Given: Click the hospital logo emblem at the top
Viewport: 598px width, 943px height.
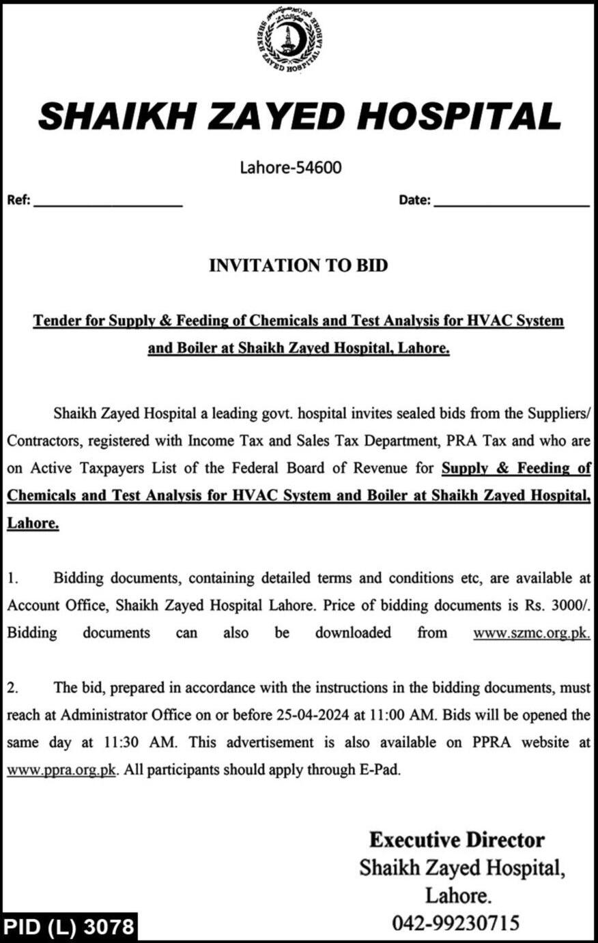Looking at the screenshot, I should click(291, 43).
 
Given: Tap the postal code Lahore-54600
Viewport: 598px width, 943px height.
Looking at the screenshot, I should click(290, 166).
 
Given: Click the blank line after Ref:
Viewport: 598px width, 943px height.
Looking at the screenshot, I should click(108, 203).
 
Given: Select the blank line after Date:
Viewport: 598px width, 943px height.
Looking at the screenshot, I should click(511, 203).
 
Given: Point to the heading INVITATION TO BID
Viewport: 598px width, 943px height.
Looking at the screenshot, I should click(298, 265).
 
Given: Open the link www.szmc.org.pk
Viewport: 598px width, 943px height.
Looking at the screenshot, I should click(531, 633).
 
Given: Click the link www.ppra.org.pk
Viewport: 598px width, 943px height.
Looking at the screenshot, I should click(62, 770).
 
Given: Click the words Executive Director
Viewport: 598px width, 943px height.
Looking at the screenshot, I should click(457, 840).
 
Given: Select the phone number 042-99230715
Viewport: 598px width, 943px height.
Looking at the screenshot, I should click(455, 924).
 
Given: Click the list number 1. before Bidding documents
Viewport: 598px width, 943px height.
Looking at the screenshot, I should click(12, 578).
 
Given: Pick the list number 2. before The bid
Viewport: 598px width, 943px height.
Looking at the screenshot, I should click(12, 688).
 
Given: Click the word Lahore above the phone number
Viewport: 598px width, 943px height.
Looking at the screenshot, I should click(457, 895).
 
